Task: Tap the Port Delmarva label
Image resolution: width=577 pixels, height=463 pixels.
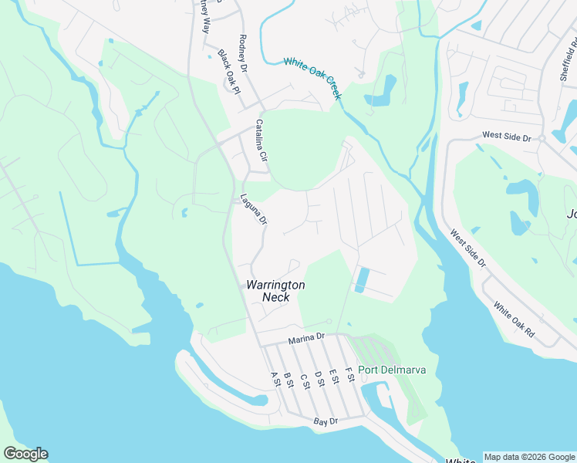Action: [392, 370]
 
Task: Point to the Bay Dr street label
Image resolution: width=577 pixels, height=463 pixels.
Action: [326, 422]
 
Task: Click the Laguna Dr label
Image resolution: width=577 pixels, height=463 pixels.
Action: [253, 209]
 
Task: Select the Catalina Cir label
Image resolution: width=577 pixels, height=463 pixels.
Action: [261, 140]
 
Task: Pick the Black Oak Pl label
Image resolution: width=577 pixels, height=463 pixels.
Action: [229, 71]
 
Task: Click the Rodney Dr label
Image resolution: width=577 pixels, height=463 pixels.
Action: [245, 53]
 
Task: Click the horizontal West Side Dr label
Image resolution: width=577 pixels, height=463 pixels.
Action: [507, 137]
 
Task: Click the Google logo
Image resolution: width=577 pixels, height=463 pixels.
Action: [25, 454]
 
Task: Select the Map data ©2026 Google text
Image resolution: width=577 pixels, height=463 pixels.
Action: [529, 457]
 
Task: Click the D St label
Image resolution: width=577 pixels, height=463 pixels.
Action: [319, 378]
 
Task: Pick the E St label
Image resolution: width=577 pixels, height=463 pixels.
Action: [334, 376]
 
